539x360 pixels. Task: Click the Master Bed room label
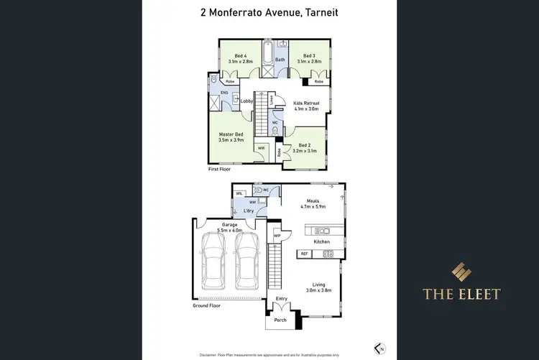coord(231,134)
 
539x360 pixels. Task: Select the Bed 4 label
coord(240,56)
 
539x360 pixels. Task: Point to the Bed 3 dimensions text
coord(309,62)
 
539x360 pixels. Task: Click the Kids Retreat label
coord(306,103)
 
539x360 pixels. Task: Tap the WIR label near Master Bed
coord(261,149)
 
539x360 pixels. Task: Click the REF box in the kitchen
coord(304,254)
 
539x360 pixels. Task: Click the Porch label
coord(280,320)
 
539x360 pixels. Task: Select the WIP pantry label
coord(277,235)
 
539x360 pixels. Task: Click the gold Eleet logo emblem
coord(461,272)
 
